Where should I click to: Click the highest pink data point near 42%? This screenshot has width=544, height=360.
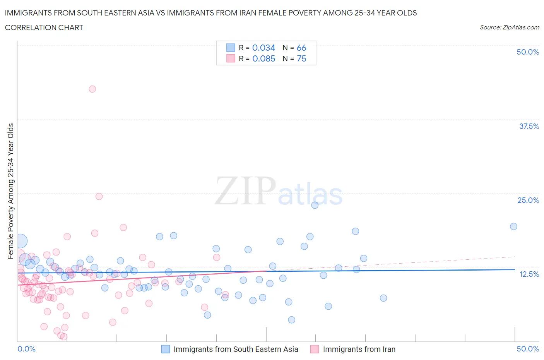click(x=92, y=89)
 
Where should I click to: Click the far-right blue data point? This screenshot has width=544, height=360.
click(x=513, y=226)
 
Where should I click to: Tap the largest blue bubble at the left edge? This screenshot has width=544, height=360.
click(x=21, y=241)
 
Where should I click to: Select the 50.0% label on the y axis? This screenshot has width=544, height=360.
click(x=528, y=52)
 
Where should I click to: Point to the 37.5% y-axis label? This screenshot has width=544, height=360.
click(x=529, y=126)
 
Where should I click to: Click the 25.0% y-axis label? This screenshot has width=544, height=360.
click(x=528, y=200)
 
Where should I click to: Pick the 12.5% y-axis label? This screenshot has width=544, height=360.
click(x=529, y=274)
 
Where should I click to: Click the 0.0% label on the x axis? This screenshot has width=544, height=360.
click(x=26, y=349)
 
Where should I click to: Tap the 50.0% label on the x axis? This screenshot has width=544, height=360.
click(x=528, y=349)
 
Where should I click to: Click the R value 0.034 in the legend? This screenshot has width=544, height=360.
click(x=263, y=48)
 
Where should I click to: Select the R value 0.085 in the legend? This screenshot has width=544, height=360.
click(x=263, y=58)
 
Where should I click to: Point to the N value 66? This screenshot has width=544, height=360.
click(x=301, y=48)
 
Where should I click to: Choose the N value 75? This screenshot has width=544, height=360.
click(x=301, y=58)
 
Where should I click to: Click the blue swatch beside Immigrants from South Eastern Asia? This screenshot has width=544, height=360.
click(x=166, y=349)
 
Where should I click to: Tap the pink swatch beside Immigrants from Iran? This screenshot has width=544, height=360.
click(x=315, y=349)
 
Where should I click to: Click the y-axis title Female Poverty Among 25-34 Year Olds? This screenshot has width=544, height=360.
click(x=10, y=191)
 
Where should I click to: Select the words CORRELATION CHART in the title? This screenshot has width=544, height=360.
click(x=44, y=27)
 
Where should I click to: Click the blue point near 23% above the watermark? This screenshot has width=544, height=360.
click(x=315, y=205)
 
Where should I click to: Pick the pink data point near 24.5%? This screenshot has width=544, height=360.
click(x=99, y=196)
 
